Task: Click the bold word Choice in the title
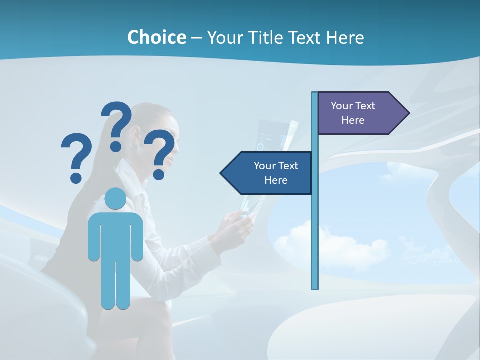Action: click(x=156, y=37)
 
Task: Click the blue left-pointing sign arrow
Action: click(x=267, y=173)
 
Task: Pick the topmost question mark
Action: click(x=117, y=125)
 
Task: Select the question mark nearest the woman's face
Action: click(x=160, y=152)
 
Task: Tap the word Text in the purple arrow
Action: click(x=365, y=106)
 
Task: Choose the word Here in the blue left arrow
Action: click(x=276, y=180)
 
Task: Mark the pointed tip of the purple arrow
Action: click(x=408, y=113)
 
